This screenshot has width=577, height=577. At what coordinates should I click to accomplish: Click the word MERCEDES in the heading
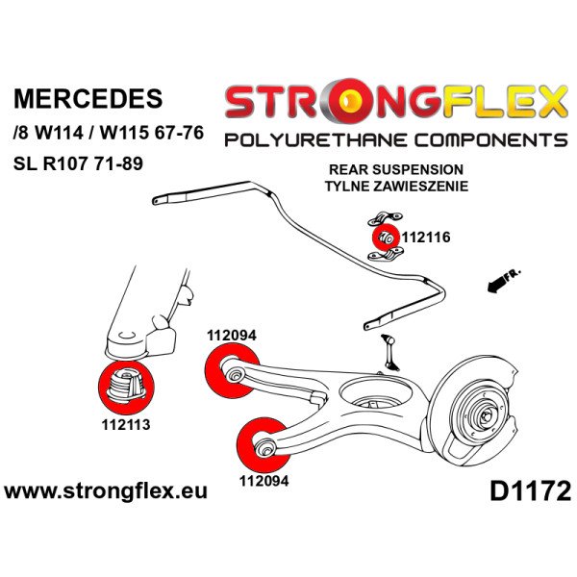click(x=88, y=99)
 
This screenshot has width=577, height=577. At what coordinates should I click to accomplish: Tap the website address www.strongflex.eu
click(x=106, y=492)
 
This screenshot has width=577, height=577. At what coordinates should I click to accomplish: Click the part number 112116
click(x=426, y=236)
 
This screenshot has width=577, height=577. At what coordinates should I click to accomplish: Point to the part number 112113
click(x=125, y=422)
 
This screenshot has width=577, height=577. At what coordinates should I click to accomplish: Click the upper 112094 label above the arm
click(x=231, y=336)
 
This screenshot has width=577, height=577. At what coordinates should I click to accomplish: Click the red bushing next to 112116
click(x=382, y=235)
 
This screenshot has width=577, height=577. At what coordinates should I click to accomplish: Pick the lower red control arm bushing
click(x=260, y=442)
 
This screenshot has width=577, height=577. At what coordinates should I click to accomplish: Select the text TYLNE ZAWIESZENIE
click(x=411, y=187)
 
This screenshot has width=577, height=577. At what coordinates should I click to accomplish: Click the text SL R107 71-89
click(x=78, y=163)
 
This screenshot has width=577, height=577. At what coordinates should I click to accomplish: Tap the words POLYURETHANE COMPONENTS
click(x=394, y=140)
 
